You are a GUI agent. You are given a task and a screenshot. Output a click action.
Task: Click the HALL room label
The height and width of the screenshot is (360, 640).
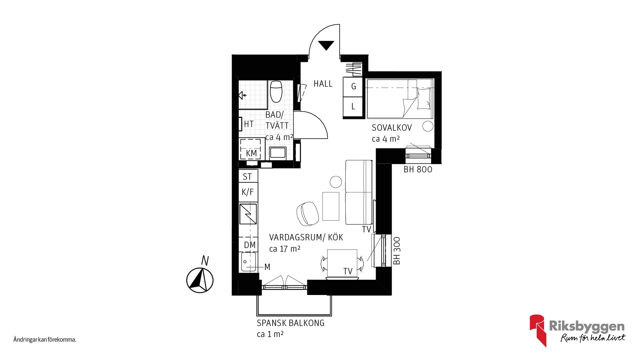pos(323,83)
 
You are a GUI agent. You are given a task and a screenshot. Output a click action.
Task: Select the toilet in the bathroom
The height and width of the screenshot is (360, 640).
pos(276,91)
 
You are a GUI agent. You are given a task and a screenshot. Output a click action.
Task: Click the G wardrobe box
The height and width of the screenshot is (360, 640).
pos(353,87)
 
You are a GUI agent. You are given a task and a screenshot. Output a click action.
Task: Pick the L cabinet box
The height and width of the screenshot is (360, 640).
pos(353,107)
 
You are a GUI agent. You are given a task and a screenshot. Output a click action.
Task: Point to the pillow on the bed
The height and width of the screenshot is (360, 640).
pos(424,99)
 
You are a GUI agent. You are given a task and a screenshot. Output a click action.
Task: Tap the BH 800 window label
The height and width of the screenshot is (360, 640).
pos(418,169)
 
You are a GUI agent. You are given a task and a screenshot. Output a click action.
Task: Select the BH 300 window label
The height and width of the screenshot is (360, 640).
pos(396,251)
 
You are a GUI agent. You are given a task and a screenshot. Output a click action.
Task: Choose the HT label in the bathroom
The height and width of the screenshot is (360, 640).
pos(249,124)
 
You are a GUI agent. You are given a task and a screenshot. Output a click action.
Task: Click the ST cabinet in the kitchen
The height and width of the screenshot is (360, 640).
pos(248,176)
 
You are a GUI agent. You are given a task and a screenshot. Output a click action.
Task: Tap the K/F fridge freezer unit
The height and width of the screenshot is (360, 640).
pos(248,192)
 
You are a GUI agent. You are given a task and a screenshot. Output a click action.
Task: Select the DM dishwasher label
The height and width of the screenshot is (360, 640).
pos(250,245)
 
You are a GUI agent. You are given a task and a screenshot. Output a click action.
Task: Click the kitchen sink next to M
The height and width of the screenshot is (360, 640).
pos(248,262)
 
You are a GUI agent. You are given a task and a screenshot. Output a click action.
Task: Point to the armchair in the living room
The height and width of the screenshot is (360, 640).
pos(307,213)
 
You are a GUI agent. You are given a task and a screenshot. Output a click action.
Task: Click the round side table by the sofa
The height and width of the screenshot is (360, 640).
pos(336,182)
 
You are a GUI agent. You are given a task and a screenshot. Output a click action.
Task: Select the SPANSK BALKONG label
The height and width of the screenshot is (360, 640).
pos(290,323)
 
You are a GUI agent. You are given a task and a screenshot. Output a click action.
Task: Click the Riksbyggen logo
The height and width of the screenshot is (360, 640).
pos(578,330)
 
